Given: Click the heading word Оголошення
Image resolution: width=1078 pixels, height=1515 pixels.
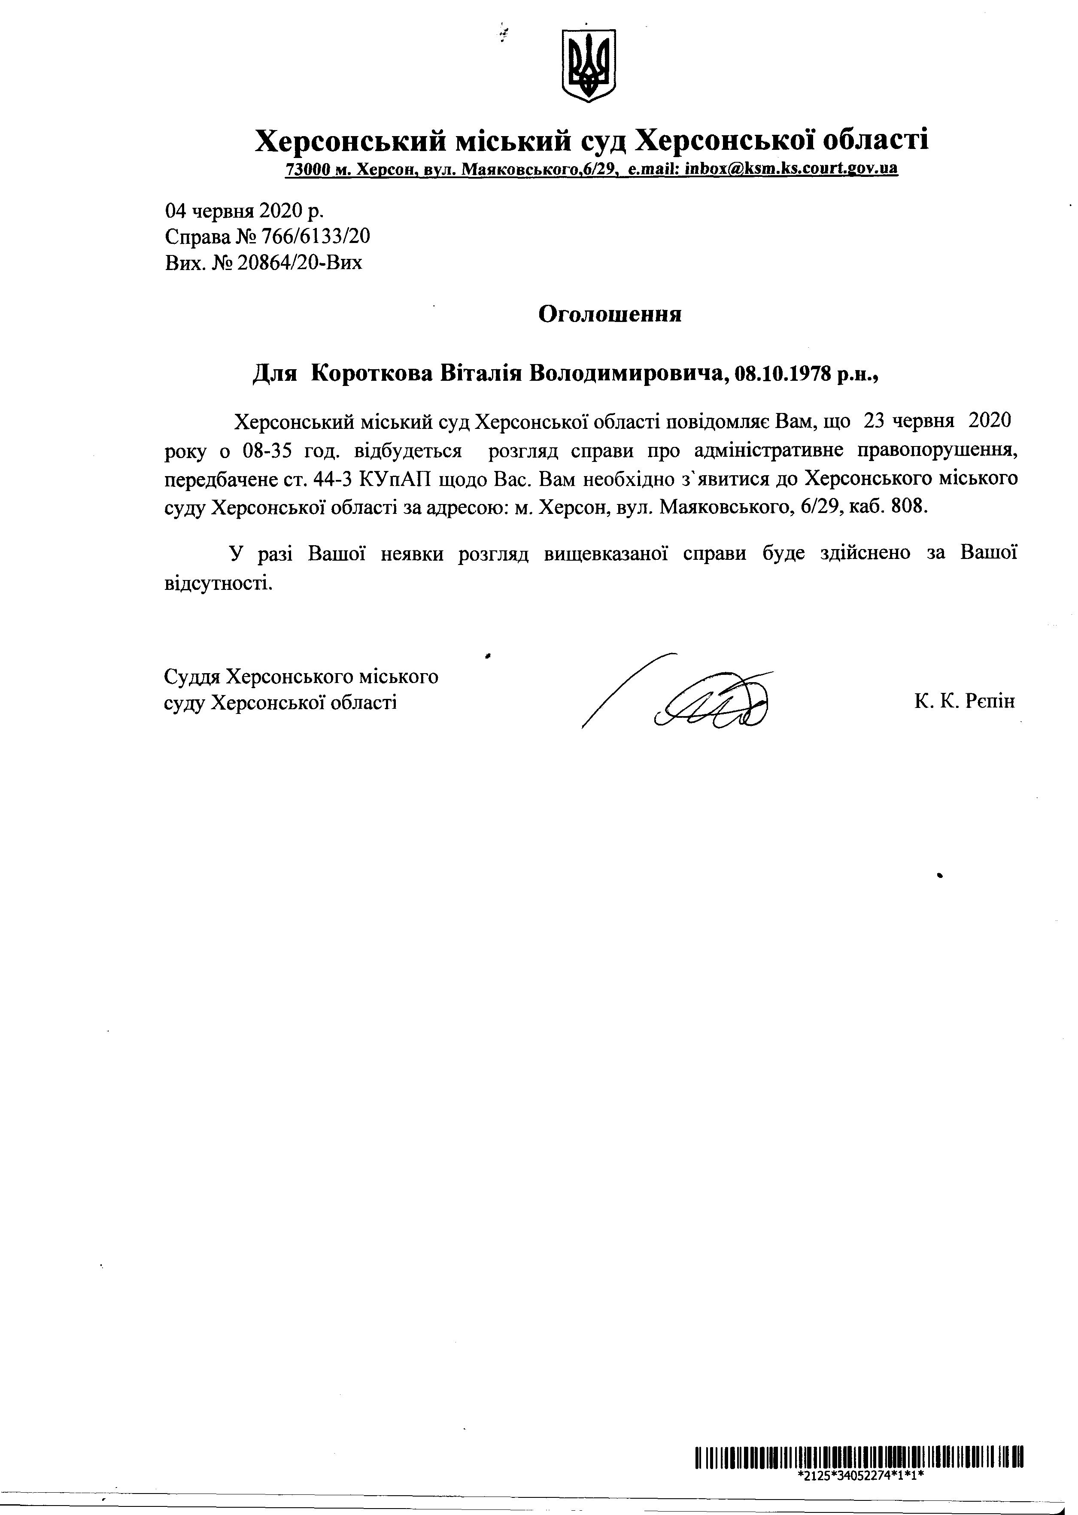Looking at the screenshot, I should click(609, 314).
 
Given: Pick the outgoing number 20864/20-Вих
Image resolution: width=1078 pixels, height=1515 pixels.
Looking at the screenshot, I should click(300, 263).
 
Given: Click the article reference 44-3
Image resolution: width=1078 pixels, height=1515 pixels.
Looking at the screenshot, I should click(336, 479).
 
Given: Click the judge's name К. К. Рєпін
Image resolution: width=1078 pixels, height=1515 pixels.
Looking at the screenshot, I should click(964, 701).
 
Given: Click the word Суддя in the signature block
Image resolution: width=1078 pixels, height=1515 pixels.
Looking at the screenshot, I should click(192, 677).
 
